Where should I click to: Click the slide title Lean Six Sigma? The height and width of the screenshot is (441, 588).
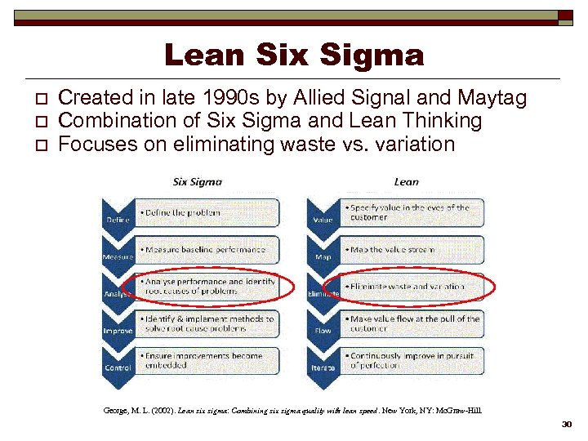294,56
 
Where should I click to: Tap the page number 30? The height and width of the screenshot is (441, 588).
568,425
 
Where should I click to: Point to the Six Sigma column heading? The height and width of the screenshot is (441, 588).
198,181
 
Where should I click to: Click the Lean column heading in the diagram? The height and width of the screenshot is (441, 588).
406,181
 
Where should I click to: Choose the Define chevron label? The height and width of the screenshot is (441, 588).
116,220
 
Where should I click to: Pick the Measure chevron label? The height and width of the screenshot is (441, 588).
118,256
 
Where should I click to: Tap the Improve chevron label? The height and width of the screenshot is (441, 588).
118,330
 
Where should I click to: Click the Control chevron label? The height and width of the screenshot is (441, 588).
118,367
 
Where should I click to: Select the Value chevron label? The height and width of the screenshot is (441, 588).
323,220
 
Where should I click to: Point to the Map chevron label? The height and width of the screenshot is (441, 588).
323,256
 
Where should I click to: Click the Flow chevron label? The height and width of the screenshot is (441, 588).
323,330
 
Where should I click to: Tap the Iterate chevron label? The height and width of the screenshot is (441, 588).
323,367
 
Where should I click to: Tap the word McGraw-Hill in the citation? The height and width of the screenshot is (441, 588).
461,411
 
